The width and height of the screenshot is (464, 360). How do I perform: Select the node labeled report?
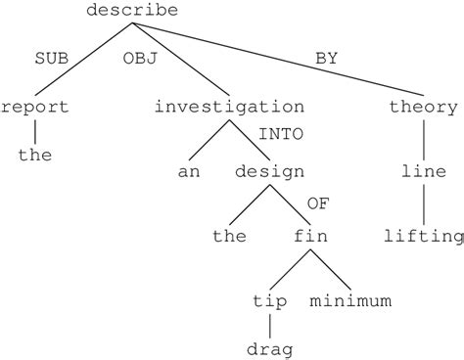tap(35, 107)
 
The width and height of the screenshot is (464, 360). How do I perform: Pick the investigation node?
tap(229, 107)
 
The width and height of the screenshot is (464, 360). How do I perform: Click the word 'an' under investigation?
tap(189, 171)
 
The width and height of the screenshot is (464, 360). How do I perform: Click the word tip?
tap(270, 299)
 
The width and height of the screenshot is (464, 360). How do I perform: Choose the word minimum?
tap(350, 299)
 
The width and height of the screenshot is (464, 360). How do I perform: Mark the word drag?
tap(270, 347)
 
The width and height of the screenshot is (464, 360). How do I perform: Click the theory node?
tap(423, 107)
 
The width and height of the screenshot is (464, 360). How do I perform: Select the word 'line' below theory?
tap(423, 171)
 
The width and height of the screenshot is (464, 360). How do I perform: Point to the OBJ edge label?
tap(140, 58)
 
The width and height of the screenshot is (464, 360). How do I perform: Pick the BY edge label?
tap(327, 58)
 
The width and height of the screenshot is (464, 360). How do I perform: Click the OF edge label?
tap(318, 203)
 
